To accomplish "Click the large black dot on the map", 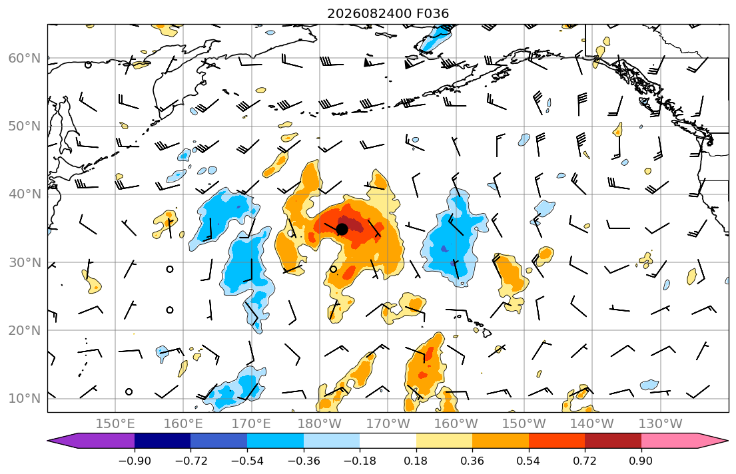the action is click(342, 229).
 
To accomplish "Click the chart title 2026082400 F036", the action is click(388, 13).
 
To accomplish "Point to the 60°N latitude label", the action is click(25, 58).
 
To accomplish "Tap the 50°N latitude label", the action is click(25, 126).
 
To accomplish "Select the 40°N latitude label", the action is click(25, 194).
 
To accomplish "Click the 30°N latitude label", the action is click(25, 262).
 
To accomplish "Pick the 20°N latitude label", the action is click(25, 330).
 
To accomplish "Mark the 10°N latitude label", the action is click(25, 399).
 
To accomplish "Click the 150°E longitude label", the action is click(115, 424).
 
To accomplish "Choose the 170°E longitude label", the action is click(252, 424).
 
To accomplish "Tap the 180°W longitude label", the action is click(320, 424).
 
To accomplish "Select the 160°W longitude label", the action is click(456, 424).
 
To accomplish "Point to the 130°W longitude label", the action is click(661, 424).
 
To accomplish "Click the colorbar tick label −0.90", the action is click(135, 461).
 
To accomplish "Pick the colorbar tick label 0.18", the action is click(416, 461).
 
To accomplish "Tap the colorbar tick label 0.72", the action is click(585, 461).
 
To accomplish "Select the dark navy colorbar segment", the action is click(163, 441).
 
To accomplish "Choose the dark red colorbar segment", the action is click(613, 441).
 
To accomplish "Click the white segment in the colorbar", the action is click(388, 441).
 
